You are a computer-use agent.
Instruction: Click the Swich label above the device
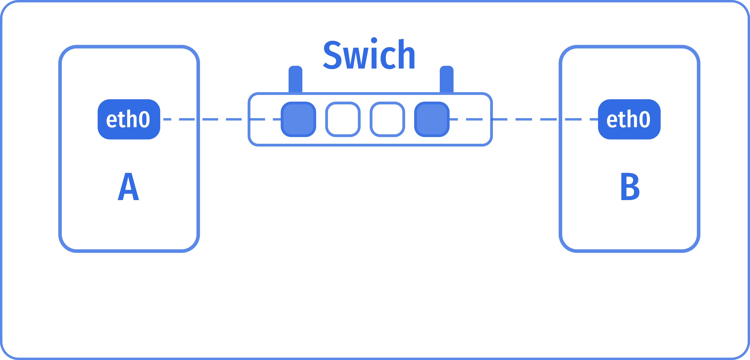369,55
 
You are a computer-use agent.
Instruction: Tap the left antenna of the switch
295,79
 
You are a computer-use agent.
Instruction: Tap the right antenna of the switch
446,79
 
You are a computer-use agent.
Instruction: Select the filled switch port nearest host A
298,119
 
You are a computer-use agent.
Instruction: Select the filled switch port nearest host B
432,119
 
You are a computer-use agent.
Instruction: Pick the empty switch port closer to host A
343,119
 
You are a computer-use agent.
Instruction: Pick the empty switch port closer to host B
387,119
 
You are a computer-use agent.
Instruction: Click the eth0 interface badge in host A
129,119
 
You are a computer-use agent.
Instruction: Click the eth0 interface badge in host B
629,119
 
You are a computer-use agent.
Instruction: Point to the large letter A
128,187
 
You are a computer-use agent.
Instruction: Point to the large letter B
630,187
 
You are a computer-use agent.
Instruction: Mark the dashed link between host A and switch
221,119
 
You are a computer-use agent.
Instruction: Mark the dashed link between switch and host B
524,119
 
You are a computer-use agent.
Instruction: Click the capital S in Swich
332,55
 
